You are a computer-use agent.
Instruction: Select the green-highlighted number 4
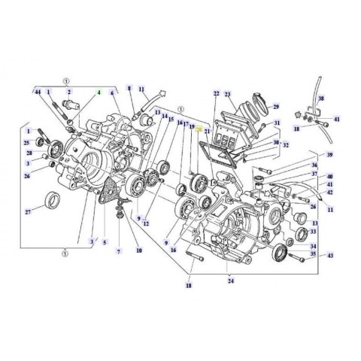(97, 92)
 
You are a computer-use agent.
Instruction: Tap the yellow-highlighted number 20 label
(199, 129)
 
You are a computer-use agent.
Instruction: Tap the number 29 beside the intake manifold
(275, 108)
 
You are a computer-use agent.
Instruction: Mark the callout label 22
(216, 94)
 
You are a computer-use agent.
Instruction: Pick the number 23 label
(230, 94)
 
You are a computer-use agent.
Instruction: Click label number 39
(329, 154)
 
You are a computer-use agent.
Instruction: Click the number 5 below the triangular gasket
(104, 241)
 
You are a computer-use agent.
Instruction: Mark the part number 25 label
(26, 141)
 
